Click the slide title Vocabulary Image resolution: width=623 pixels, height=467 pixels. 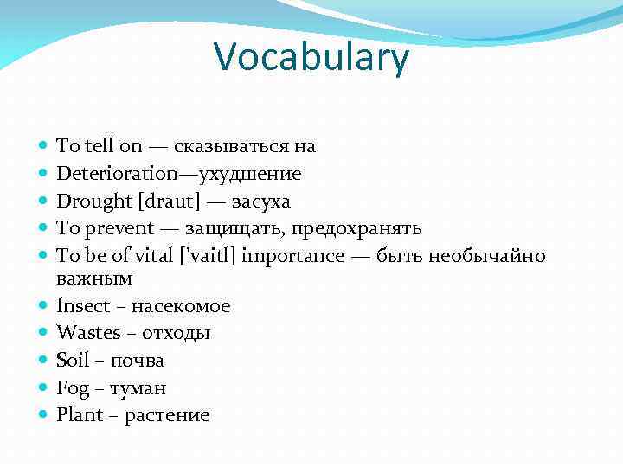[311, 59]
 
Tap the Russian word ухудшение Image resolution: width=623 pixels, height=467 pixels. [250, 175]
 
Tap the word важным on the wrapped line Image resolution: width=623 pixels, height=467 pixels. [94, 279]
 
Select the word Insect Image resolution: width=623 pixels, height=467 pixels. [83, 306]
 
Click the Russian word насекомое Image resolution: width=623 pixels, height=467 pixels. [181, 307]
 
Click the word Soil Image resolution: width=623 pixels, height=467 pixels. [74, 361]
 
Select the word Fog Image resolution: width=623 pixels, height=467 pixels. [73, 388]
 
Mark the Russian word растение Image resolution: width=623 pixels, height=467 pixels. [167, 416]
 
